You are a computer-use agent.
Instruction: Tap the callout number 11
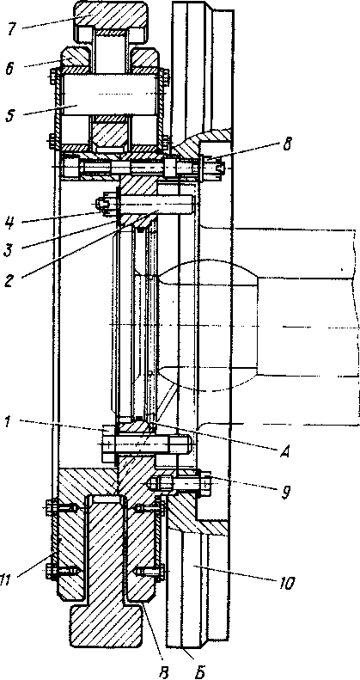point(11,580)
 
